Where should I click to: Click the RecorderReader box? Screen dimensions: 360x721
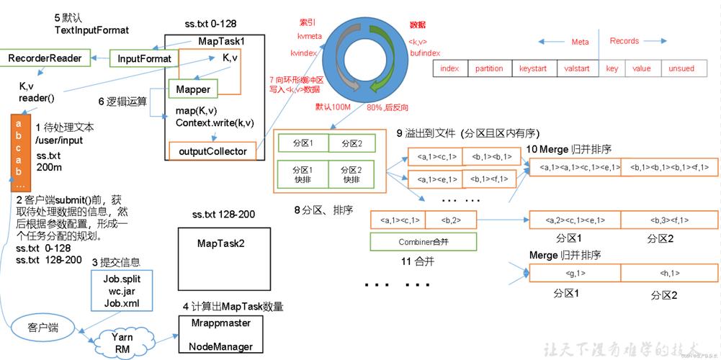(x=45, y=58)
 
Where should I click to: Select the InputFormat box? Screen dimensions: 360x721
(x=144, y=58)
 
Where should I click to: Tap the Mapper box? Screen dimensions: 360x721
(x=192, y=90)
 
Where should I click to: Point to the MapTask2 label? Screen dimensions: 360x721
(x=221, y=243)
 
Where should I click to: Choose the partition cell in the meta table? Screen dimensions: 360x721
(x=489, y=68)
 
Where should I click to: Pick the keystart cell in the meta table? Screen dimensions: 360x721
(x=533, y=68)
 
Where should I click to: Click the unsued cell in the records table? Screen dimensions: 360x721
(x=681, y=68)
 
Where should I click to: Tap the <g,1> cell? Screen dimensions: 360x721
(x=575, y=273)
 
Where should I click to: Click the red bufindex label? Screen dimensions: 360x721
(x=425, y=53)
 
